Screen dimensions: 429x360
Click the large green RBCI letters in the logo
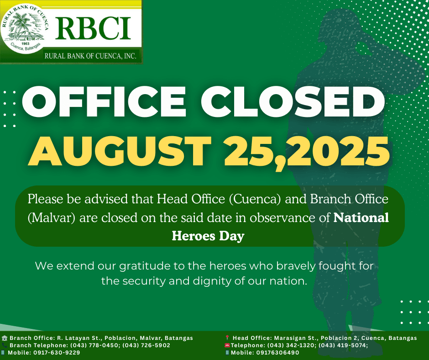pyautogui.click(x=93, y=28)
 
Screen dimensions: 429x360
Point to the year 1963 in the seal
pyautogui.click(x=25, y=43)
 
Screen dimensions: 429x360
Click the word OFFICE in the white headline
pyautogui.click(x=104, y=101)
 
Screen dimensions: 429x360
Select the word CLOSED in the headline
pyautogui.click(x=293, y=101)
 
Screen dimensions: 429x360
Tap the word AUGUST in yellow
pyautogui.click(x=120, y=151)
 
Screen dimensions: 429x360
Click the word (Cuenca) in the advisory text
pyautogui.click(x=255, y=199)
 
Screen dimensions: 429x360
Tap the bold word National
pyautogui.click(x=361, y=218)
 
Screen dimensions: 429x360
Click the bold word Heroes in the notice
pyautogui.click(x=194, y=236)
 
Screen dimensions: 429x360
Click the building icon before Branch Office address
pyautogui.click(x=5, y=338)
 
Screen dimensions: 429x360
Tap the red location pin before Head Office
pyautogui.click(x=227, y=338)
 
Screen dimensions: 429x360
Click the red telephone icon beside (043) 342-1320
pyautogui.click(x=227, y=345)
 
